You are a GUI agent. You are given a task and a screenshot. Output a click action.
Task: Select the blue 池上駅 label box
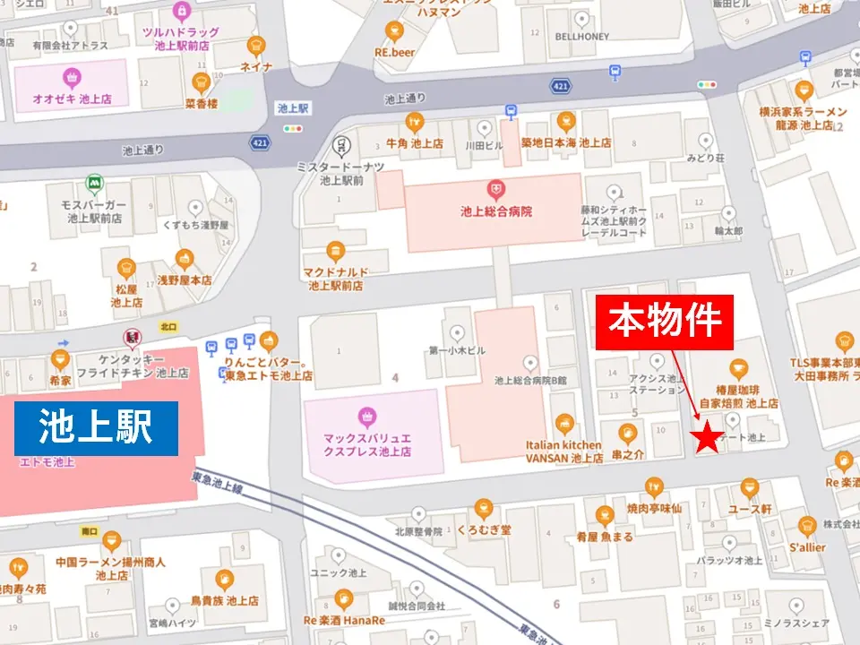96,428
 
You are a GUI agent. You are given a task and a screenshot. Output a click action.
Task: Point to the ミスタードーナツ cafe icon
340,146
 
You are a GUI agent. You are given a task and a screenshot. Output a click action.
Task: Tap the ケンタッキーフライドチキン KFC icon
133,338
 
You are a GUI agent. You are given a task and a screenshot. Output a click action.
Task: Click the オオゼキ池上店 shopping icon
70,79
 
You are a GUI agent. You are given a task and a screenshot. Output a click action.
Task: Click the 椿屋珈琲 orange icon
738,368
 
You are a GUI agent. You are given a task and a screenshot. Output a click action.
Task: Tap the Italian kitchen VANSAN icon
564,423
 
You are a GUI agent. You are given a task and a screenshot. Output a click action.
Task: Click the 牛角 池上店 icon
414,121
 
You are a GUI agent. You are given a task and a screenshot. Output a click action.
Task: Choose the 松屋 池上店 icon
126,267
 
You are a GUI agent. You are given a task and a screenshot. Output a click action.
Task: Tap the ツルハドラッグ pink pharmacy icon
183,11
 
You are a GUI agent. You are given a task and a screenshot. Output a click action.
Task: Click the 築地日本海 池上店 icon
565,121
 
